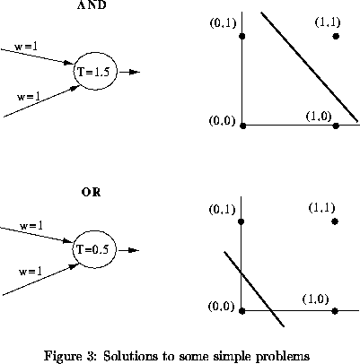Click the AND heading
pyautogui.click(x=92, y=4)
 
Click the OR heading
pyautogui.click(x=91, y=192)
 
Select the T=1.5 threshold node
pyautogui.click(x=95, y=72)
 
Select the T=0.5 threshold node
pyautogui.click(x=94, y=249)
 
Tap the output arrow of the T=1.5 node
pyautogui.click(x=129, y=72)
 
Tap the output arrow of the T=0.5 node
pyautogui.click(x=129, y=250)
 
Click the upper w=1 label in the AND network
pyautogui.click(x=26, y=47)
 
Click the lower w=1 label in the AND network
pyautogui.click(x=29, y=97)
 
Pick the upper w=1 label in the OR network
pyautogui.click(x=31, y=225)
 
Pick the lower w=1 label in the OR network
pyautogui.click(x=31, y=272)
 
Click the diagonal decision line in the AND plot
pyautogui.click(x=310, y=67)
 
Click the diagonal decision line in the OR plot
pyautogui.click(x=254, y=289)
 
